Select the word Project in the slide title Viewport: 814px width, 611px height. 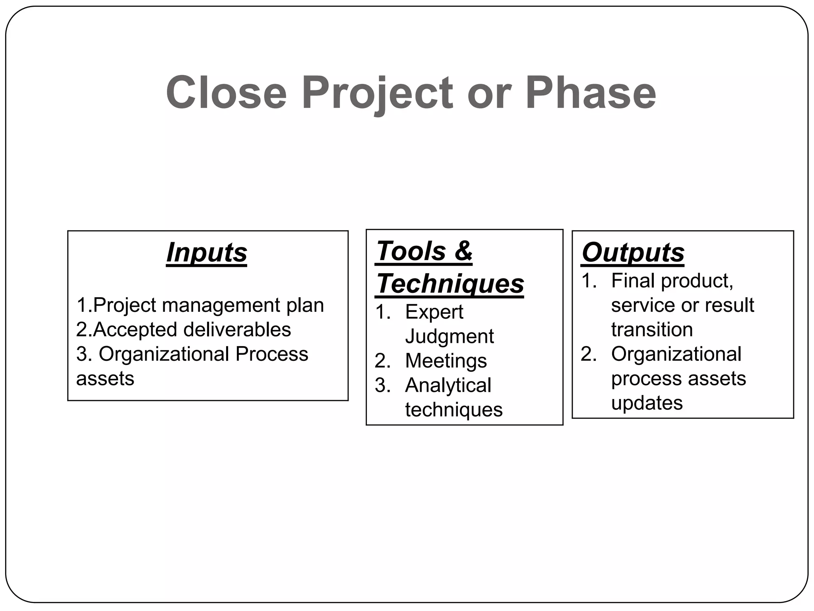tap(377, 94)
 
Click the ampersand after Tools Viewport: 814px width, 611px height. tap(463, 251)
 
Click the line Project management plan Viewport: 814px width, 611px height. tap(200, 305)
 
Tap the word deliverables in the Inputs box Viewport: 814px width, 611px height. tap(237, 329)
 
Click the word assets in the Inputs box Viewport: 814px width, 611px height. tap(105, 378)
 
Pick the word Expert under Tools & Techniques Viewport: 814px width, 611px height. tap(434, 311)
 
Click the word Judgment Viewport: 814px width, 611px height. tap(449, 336)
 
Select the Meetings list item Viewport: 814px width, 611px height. tap(446, 361)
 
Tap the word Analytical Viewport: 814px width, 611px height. tap(448, 385)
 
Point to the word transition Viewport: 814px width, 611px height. tap(652, 329)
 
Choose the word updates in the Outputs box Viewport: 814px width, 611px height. tap(647, 403)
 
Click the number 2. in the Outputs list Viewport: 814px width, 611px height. tap(589, 354)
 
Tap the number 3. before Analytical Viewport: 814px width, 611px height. tap(383, 385)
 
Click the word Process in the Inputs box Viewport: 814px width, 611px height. tap(271, 354)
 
